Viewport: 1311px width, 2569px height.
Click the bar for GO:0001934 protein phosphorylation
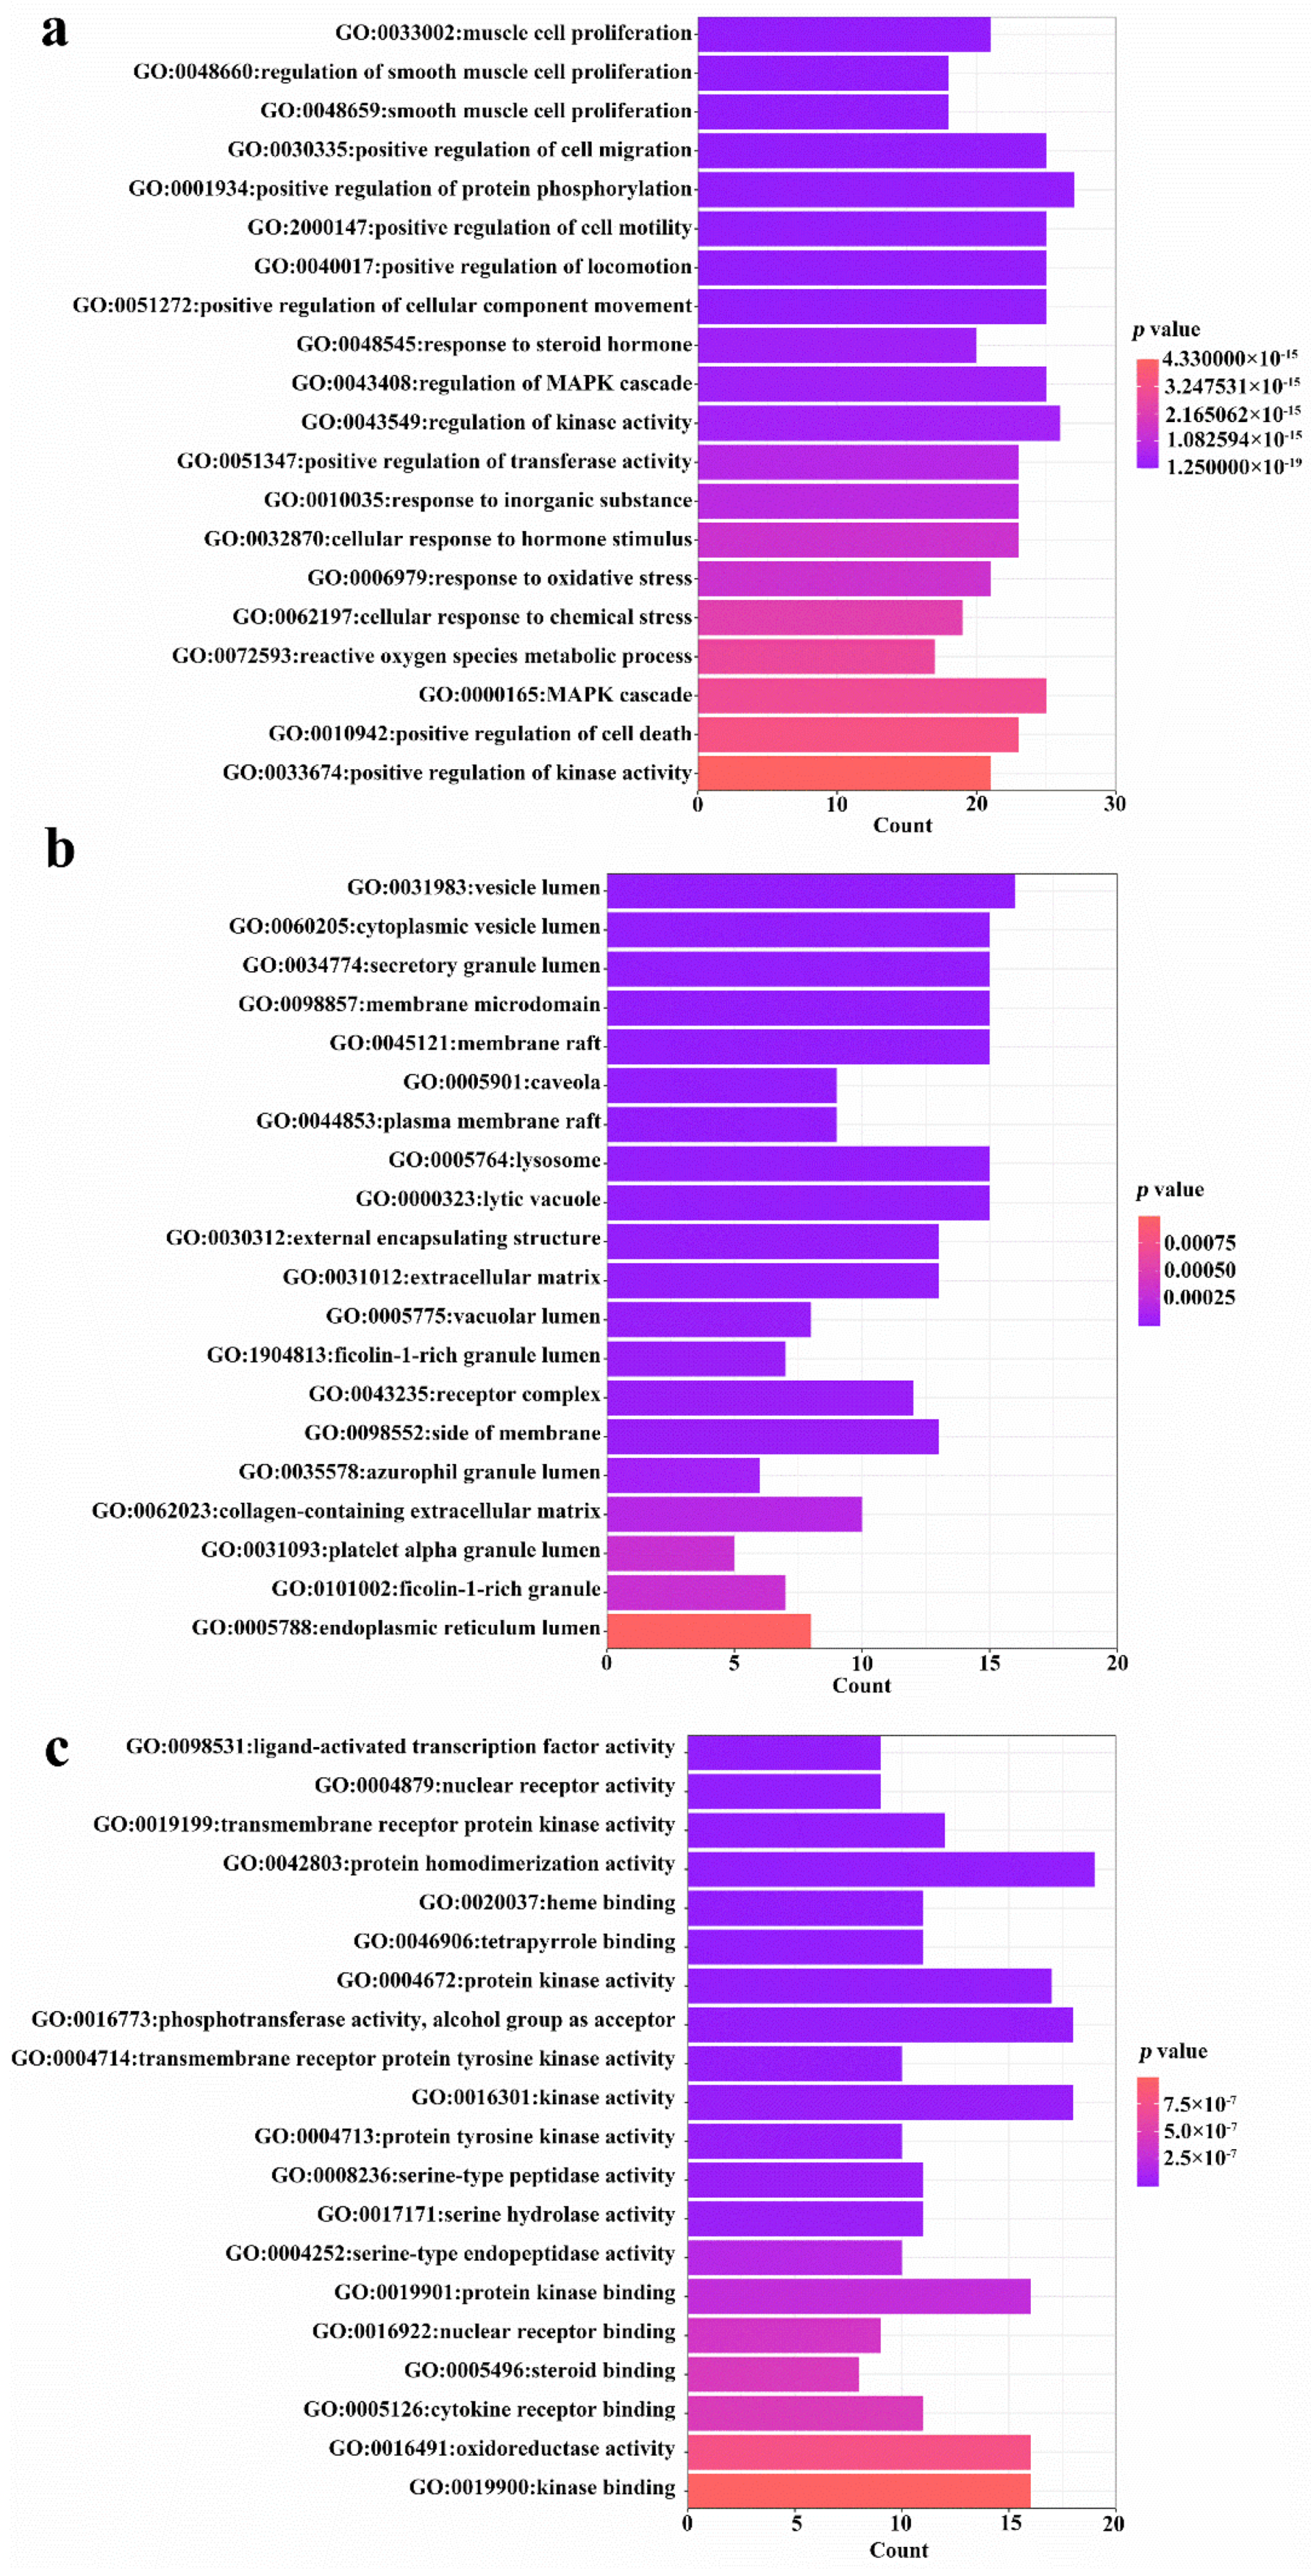coord(885,189)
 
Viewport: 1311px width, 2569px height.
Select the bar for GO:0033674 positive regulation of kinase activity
coord(843,773)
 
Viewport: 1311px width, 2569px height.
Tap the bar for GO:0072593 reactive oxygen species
coord(816,656)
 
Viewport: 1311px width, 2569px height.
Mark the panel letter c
coord(57,1750)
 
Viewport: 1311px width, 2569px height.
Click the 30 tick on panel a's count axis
coord(1115,804)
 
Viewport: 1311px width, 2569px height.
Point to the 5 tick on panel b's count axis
coord(734,1662)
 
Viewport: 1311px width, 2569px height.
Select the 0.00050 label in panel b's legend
coord(1199,1270)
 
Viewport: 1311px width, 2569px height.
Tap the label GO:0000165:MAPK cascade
coord(554,695)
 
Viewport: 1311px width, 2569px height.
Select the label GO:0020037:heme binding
coord(547,1903)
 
